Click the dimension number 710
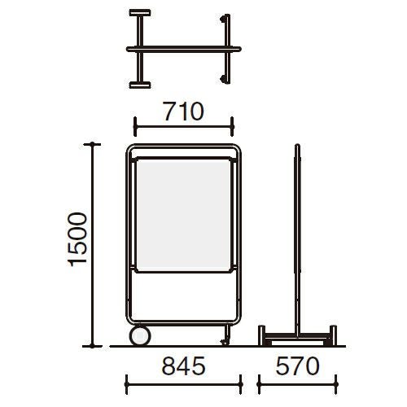point(183,112)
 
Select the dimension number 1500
point(78,239)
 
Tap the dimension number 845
point(184,366)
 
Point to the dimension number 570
point(297,366)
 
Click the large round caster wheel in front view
point(140,336)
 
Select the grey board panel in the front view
point(183,214)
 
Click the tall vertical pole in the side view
point(298,239)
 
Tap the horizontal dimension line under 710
point(184,126)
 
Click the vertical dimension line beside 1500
point(92,245)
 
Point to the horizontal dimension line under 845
point(184,384)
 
